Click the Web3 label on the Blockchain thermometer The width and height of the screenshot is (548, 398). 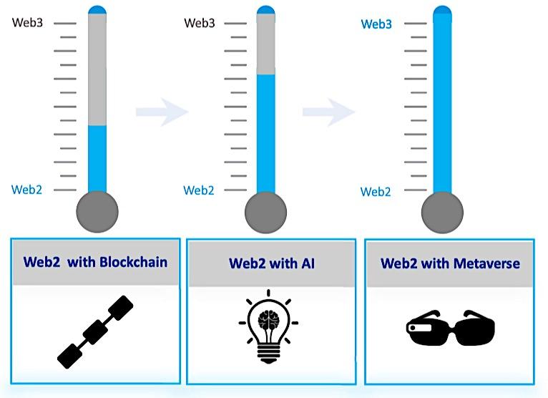click(27, 23)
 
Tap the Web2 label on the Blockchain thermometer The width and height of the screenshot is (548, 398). click(27, 190)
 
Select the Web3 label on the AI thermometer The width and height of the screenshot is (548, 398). click(200, 23)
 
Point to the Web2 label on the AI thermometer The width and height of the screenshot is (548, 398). click(199, 190)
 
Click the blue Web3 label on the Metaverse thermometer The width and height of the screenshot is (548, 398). click(376, 24)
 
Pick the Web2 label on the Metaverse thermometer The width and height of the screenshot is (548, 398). click(376, 191)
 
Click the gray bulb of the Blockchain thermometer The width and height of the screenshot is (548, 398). click(97, 212)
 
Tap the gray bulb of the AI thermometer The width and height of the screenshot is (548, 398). click(265, 212)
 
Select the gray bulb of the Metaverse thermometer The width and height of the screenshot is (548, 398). click(442, 212)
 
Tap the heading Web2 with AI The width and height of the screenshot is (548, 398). click(272, 263)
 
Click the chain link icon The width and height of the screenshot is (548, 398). click(96, 331)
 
